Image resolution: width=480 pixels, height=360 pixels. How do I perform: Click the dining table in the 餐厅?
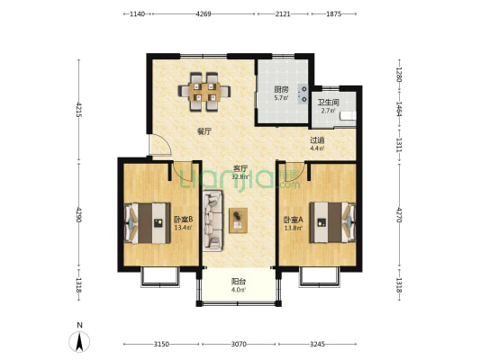point(204,92)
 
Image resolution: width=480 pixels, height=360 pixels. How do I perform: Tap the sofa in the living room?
point(213,220)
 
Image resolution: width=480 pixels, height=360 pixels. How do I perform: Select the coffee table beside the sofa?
point(238,220)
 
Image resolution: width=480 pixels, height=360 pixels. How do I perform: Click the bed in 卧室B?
point(148,223)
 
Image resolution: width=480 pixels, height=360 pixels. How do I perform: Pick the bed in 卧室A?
point(332,222)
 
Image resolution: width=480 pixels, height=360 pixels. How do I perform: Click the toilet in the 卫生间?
point(348,116)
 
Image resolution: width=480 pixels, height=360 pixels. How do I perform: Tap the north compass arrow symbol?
point(79,342)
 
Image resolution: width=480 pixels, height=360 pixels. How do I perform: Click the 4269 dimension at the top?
point(204,13)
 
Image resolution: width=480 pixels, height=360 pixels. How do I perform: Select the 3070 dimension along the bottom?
point(239,344)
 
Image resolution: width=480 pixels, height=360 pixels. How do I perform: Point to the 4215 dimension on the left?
point(79,110)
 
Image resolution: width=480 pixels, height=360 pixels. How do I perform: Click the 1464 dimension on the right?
point(399,109)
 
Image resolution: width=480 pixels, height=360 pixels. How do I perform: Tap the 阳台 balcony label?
point(238,281)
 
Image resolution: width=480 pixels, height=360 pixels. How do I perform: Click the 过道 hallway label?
point(317,140)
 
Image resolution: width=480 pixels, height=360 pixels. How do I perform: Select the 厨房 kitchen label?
point(281,90)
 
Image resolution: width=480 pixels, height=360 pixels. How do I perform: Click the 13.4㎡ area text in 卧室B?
point(183,228)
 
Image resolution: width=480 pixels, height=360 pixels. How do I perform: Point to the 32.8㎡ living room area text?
point(240,176)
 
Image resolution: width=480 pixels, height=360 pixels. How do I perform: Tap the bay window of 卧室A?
point(320,277)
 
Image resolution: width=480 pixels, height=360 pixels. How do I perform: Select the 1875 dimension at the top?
point(334,13)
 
